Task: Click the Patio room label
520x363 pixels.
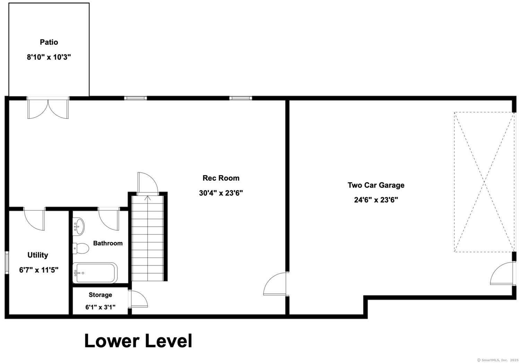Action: click(49, 42)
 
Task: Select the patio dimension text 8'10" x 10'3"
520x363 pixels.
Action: click(49, 57)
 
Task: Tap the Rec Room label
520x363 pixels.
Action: click(221, 178)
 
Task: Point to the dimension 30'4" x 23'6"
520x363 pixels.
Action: click(221, 193)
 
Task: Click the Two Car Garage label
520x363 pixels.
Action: click(376, 185)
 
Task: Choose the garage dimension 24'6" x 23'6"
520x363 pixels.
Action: click(376, 200)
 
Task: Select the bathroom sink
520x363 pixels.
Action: click(78, 226)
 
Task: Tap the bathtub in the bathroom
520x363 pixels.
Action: click(95, 273)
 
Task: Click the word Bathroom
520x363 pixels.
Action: click(108, 243)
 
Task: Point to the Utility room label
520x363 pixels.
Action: click(38, 255)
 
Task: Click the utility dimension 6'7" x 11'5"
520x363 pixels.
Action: click(39, 270)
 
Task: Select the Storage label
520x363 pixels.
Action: click(100, 295)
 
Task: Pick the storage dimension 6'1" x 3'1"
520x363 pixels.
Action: click(100, 307)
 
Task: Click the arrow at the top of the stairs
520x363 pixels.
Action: click(148, 198)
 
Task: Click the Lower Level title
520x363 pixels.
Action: click(138, 341)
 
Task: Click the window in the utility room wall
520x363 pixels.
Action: click(7, 263)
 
